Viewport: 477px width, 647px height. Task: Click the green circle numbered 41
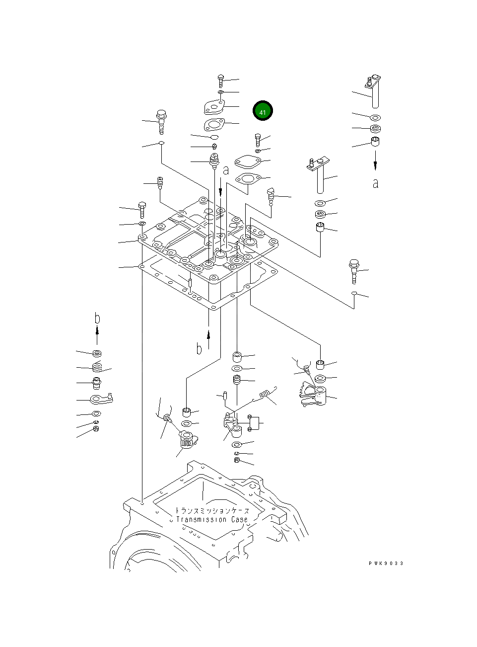click(x=263, y=111)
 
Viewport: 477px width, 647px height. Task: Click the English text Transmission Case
click(x=212, y=519)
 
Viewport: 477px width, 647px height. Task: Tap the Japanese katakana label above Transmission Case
click(x=212, y=510)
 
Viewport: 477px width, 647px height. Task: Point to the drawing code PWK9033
click(x=386, y=563)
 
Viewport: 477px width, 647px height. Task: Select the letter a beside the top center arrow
click(x=226, y=170)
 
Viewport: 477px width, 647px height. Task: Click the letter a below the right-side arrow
click(x=375, y=183)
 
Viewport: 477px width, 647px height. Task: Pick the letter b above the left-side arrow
click(x=97, y=318)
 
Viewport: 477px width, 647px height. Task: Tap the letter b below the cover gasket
click(x=199, y=349)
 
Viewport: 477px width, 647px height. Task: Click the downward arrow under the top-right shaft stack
click(x=375, y=160)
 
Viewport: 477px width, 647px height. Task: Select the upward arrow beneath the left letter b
click(x=97, y=335)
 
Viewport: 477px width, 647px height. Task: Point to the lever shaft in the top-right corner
click(x=374, y=90)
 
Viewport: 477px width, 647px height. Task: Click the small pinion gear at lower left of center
click(x=188, y=440)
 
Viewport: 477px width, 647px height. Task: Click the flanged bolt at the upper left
click(x=161, y=121)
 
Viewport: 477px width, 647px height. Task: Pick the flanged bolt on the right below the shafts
click(x=354, y=270)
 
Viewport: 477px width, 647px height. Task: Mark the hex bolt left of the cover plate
click(x=142, y=210)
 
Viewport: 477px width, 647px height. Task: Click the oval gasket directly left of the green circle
click(x=214, y=124)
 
